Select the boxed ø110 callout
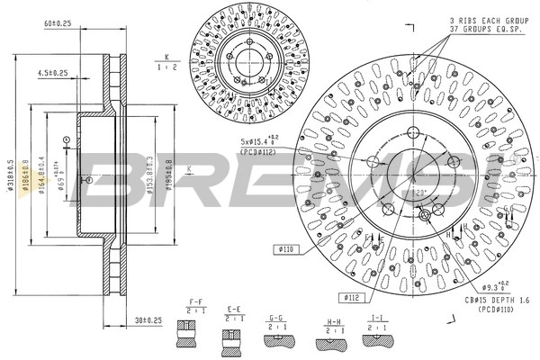pyautogui.click(x=286, y=248)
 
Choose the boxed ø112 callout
pyautogui.click(x=352, y=295)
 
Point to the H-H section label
pyautogui.click(x=333, y=319)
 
